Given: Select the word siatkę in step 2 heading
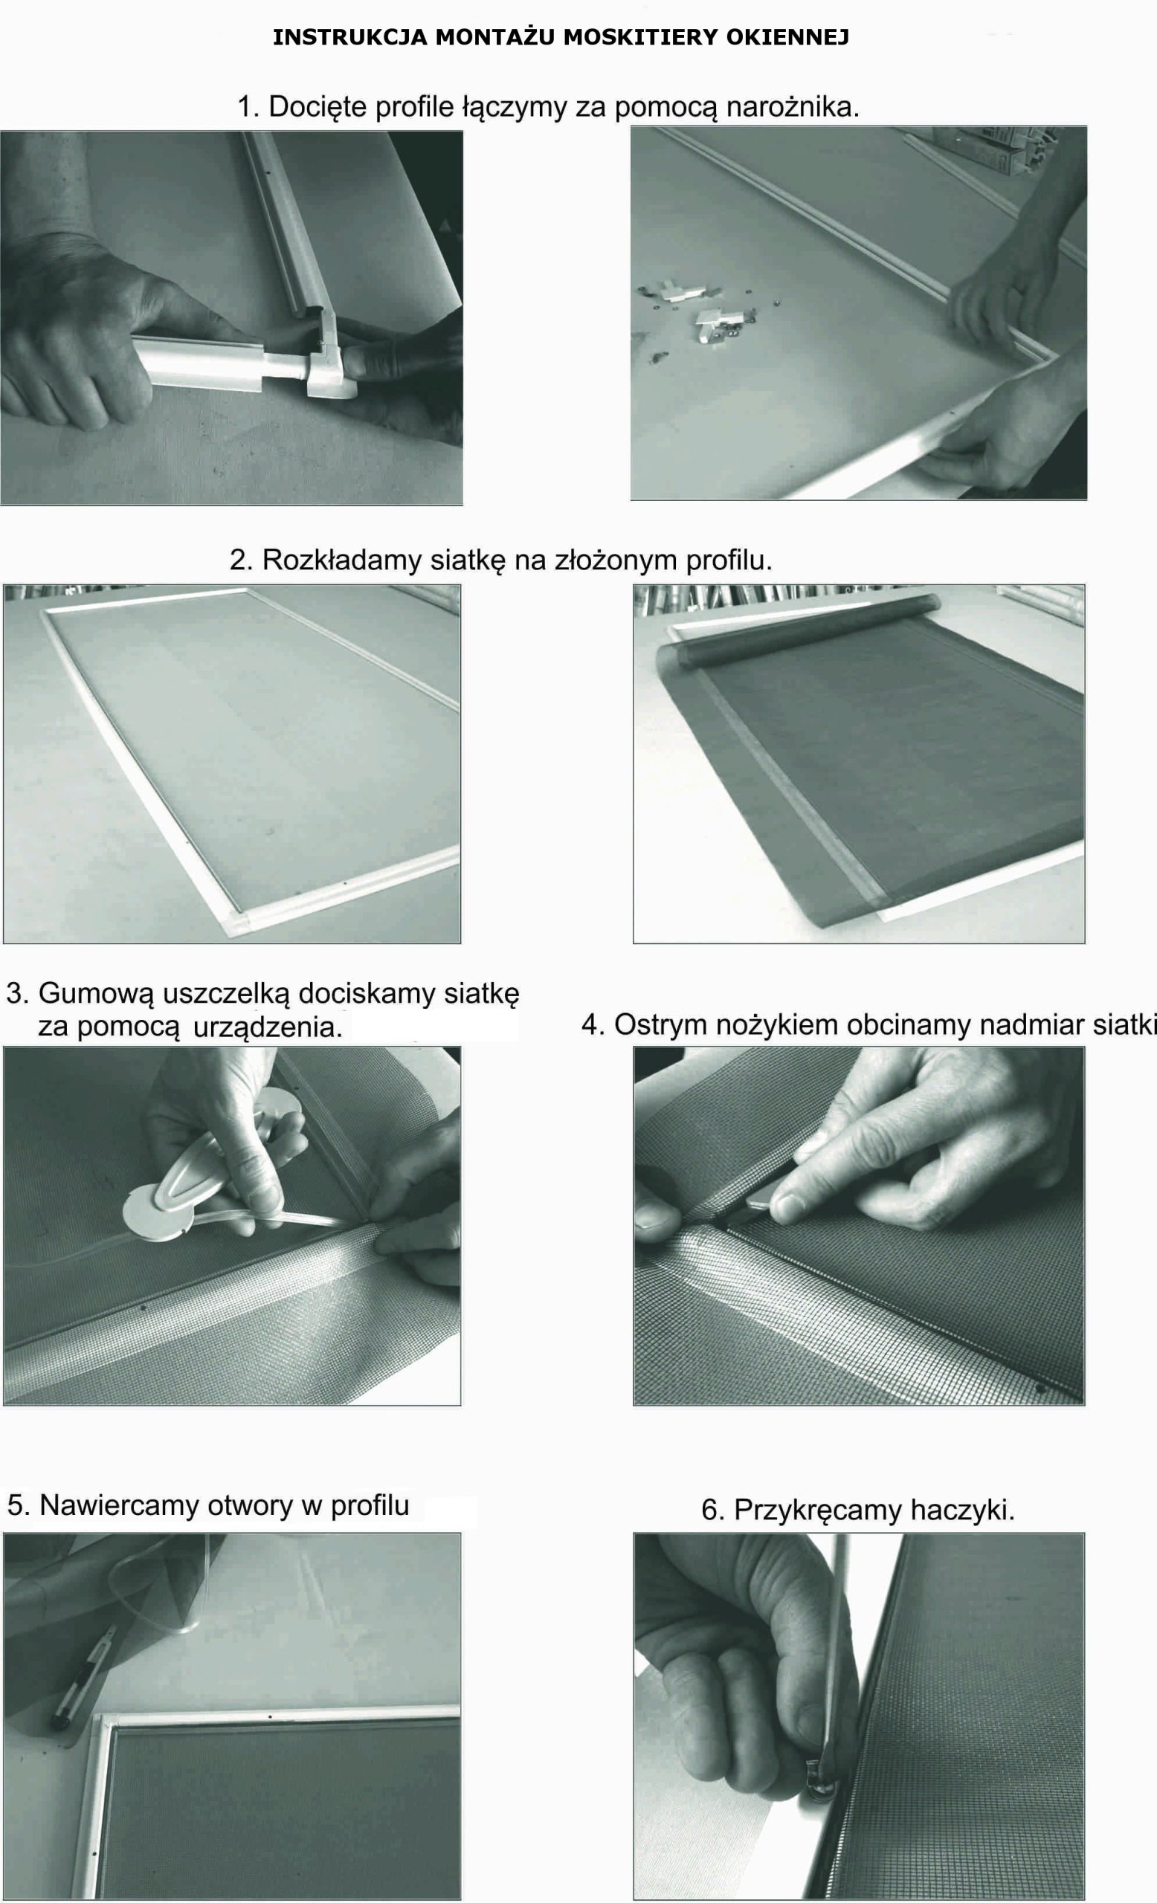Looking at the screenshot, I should click(466, 560).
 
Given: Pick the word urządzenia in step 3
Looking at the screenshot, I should click(266, 1027).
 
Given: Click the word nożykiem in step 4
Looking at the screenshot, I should click(778, 1026).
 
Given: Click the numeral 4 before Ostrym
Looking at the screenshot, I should click(590, 1026).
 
